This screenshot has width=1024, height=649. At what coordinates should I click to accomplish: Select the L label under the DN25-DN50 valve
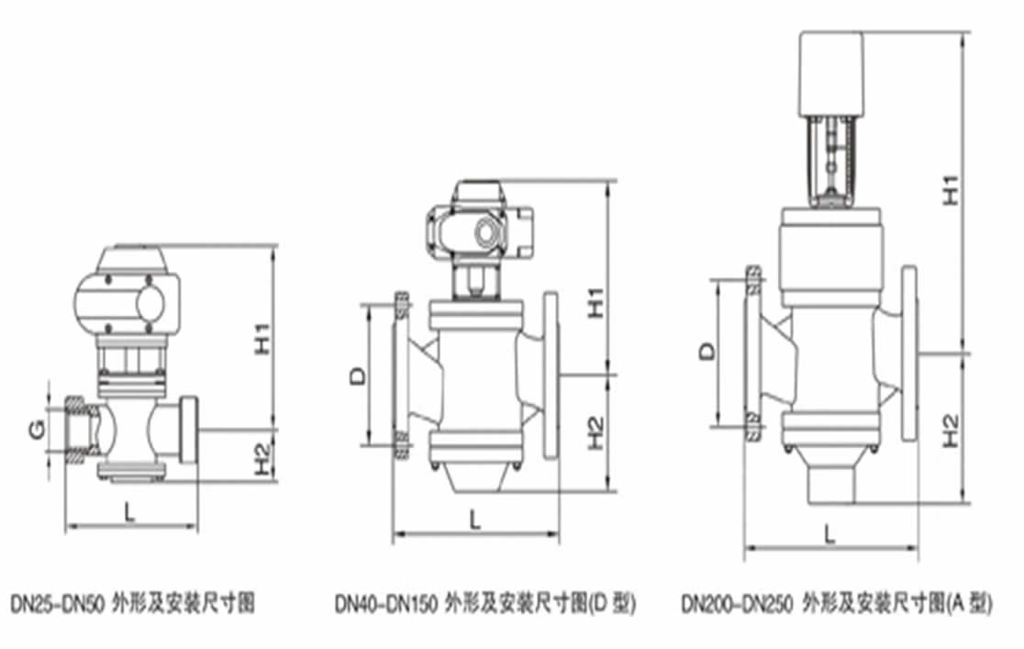pyautogui.click(x=129, y=513)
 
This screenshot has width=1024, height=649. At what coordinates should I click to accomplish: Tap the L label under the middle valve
pyautogui.click(x=474, y=520)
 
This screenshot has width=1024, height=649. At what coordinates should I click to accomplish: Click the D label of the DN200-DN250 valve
pyautogui.click(x=706, y=352)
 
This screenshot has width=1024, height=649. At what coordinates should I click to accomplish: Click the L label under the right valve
pyautogui.click(x=829, y=534)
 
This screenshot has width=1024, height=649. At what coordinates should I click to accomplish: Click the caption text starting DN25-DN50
pyautogui.click(x=134, y=604)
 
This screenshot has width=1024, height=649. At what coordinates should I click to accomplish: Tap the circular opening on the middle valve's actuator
pyautogui.click(x=485, y=234)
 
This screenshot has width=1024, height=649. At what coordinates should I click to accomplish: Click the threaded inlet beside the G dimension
pyautogui.click(x=78, y=430)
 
